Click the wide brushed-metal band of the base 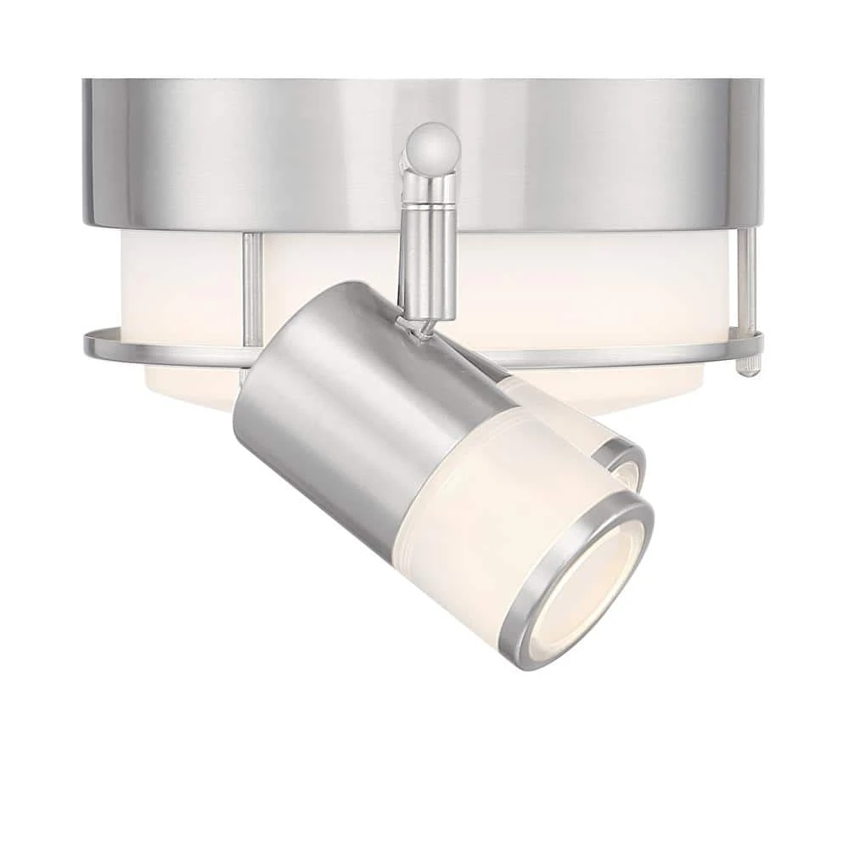[255, 153]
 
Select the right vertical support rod [746, 280]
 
